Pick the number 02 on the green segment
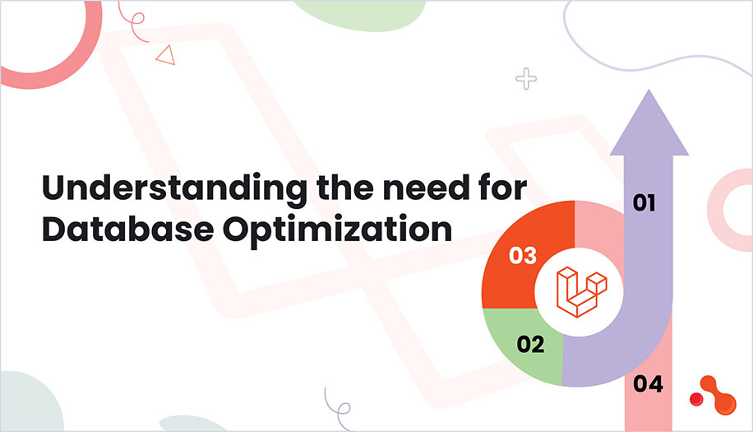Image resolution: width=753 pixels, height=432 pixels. (531, 344)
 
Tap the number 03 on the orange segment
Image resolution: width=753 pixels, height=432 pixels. (523, 256)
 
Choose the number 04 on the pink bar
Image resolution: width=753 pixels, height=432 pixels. (649, 383)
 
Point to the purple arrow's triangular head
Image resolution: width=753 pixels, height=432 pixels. (649, 123)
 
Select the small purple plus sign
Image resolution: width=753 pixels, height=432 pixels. (525, 79)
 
